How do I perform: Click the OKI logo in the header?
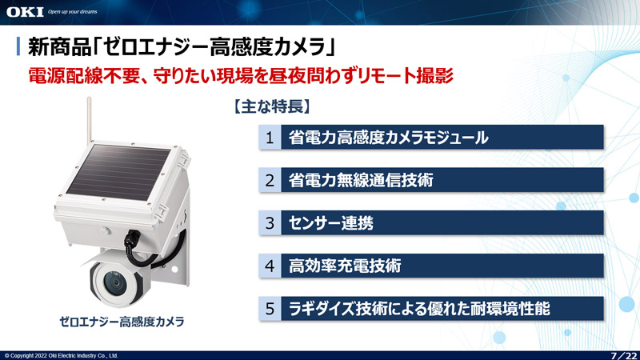click(x=25, y=12)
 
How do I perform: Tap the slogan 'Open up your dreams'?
click(x=72, y=12)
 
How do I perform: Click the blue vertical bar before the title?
click(x=18, y=46)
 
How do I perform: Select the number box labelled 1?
click(x=270, y=137)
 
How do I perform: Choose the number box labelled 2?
click(x=270, y=180)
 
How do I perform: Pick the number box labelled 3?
click(x=270, y=223)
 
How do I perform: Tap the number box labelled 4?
click(x=270, y=266)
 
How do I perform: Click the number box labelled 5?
click(x=270, y=309)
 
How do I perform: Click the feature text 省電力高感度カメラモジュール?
click(x=388, y=138)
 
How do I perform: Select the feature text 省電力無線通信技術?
click(x=361, y=180)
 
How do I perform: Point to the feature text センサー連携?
click(x=330, y=223)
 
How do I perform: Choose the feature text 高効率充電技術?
click(x=345, y=266)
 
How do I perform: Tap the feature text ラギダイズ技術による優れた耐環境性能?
click(x=419, y=309)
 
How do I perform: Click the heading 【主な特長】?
click(x=272, y=106)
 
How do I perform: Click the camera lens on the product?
click(x=116, y=282)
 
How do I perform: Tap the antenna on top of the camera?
click(x=89, y=121)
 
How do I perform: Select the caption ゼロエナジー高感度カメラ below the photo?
click(x=122, y=322)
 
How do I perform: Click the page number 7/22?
click(x=624, y=355)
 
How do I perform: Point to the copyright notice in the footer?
click(x=62, y=355)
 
